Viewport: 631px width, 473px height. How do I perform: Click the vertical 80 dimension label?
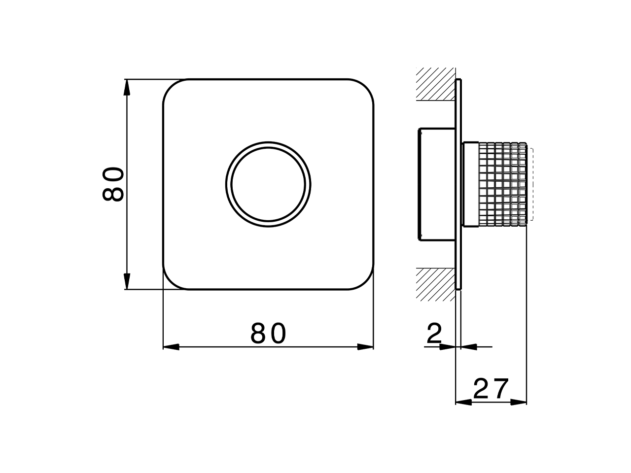[x=113, y=184]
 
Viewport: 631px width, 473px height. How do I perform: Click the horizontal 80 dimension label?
[x=268, y=334]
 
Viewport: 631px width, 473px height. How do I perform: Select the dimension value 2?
[x=434, y=334]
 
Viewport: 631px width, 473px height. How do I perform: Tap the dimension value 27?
[x=491, y=389]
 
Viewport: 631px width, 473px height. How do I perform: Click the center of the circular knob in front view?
[x=268, y=185]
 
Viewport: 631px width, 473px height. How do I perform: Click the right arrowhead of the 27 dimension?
[x=519, y=402]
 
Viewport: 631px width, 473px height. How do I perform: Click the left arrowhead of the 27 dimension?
[x=463, y=402]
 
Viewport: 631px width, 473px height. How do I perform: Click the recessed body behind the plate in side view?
[x=437, y=185]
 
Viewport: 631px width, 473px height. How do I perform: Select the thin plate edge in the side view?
[x=458, y=185]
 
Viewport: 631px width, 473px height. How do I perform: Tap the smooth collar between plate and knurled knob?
[x=470, y=185]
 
